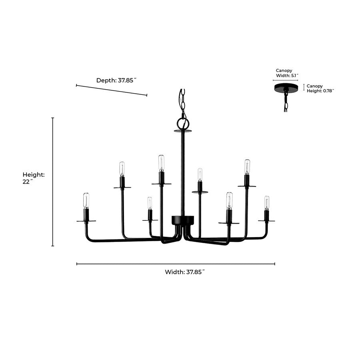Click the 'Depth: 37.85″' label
coord(116,80)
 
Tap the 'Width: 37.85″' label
coord(185,272)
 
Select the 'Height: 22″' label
coord(34,178)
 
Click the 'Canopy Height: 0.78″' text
coord(320,88)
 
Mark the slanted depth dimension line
coord(112,90)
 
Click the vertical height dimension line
coord(53,182)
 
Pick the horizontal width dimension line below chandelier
coord(176,264)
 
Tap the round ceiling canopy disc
coord(286,88)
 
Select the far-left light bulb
coord(86,200)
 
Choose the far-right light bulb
coord(266,202)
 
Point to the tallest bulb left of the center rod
coord(161,163)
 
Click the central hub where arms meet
coord(183,220)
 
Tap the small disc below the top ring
coord(183,131)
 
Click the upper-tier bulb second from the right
coord(247,166)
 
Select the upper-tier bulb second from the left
coord(122,168)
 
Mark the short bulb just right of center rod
coord(200,174)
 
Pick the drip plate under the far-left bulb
coord(86,221)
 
